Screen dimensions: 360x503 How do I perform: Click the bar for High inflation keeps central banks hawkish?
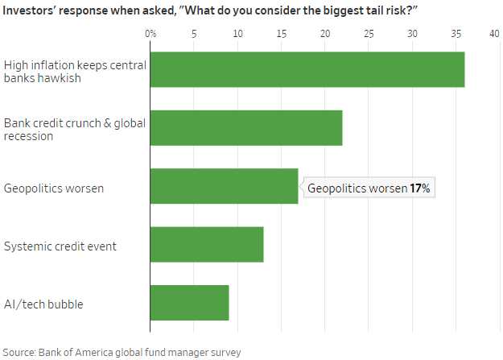click(307, 69)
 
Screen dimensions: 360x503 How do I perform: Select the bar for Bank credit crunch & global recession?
click(245, 128)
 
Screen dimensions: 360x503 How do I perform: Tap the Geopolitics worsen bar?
click(224, 186)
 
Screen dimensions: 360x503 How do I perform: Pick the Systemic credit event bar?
click(206, 245)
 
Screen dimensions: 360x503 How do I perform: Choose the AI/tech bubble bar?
click(189, 303)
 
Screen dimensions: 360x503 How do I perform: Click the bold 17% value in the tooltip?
click(420, 188)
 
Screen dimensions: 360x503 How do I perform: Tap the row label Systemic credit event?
click(60, 246)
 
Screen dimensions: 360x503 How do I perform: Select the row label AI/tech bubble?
click(43, 304)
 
